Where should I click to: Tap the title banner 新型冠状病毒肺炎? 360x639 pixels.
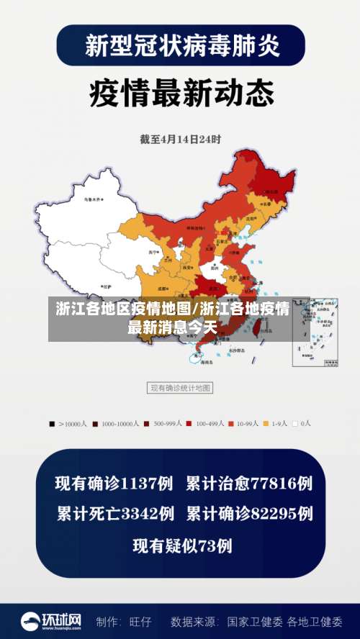click(180, 45)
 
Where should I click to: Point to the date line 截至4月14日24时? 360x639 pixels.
click(180, 139)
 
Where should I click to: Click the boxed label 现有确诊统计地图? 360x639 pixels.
click(180, 388)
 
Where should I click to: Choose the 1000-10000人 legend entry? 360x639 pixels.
click(115, 424)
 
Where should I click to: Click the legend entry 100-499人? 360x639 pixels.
click(205, 424)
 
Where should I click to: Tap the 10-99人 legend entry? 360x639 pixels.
click(245, 424)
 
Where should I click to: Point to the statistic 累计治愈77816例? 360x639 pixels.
click(249, 483)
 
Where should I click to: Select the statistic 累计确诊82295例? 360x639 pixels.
click(249, 514)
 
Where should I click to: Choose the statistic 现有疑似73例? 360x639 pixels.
click(181, 545)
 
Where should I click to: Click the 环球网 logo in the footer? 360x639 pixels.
click(50, 621)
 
